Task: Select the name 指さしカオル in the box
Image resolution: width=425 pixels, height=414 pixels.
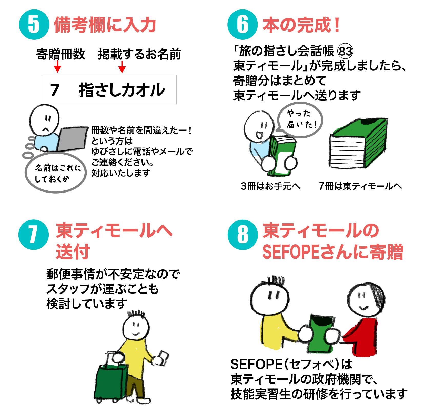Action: tap(122, 90)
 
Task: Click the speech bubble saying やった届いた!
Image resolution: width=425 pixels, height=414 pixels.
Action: tap(300, 119)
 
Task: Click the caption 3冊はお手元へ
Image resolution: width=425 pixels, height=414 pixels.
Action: tap(270, 186)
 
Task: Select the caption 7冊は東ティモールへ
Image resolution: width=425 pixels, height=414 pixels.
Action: tap(360, 186)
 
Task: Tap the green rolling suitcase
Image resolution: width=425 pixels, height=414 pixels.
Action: tap(111, 381)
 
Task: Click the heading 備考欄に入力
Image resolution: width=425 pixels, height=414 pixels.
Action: tap(105, 25)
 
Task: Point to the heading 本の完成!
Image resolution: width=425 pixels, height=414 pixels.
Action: tap(301, 25)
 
